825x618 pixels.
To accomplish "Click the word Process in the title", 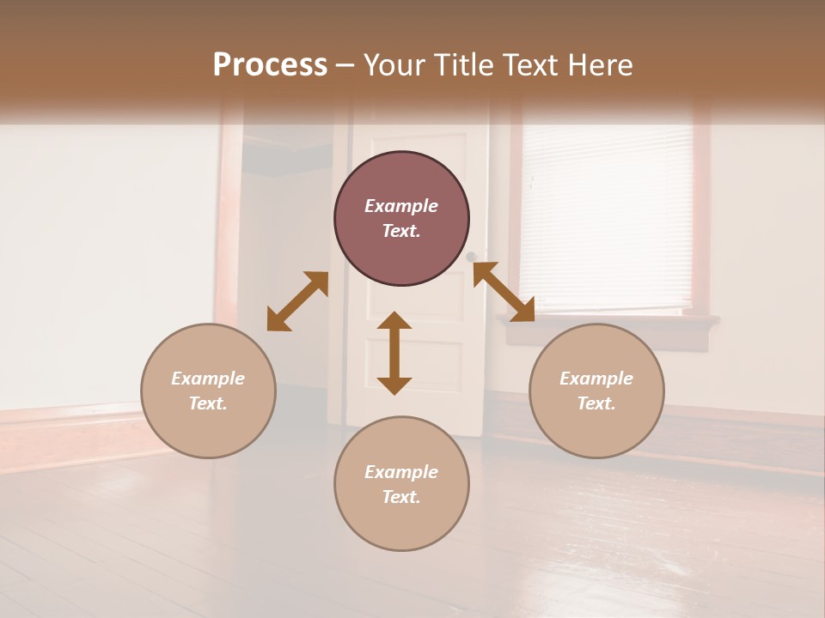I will (270, 65).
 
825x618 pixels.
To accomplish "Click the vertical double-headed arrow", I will (394, 353).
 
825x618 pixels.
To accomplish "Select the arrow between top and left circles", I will (297, 301).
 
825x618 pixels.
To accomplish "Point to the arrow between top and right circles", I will (504, 292).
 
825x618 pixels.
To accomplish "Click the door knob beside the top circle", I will (471, 257).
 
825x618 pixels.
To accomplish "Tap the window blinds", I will (606, 215).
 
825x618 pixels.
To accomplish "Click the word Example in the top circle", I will (401, 206).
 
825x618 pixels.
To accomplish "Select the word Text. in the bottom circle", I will (401, 497).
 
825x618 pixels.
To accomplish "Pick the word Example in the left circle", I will (208, 379).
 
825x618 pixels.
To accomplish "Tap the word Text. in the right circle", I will (596, 403).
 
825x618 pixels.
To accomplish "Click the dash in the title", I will (345, 65).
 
